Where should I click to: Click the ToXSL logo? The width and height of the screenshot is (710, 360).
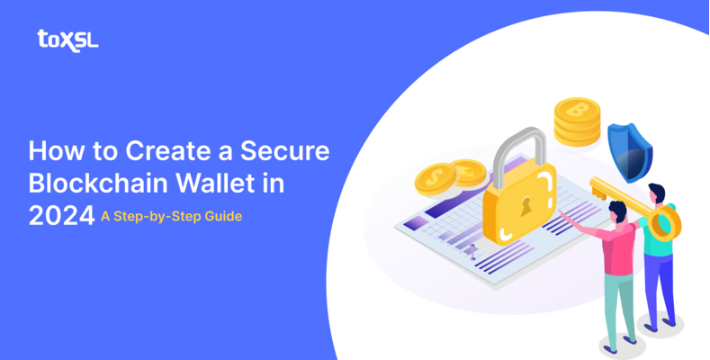(x=67, y=39)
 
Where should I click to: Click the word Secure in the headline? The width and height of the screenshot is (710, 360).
(x=287, y=150)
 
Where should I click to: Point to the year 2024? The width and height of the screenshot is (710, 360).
(x=60, y=215)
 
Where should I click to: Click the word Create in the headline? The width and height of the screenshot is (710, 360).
(x=159, y=150)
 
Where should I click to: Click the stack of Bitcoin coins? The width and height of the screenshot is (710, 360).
(x=577, y=121)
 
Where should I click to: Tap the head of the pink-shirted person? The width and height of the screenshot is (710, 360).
(x=617, y=211)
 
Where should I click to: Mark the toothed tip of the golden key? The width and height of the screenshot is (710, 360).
(x=596, y=187)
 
